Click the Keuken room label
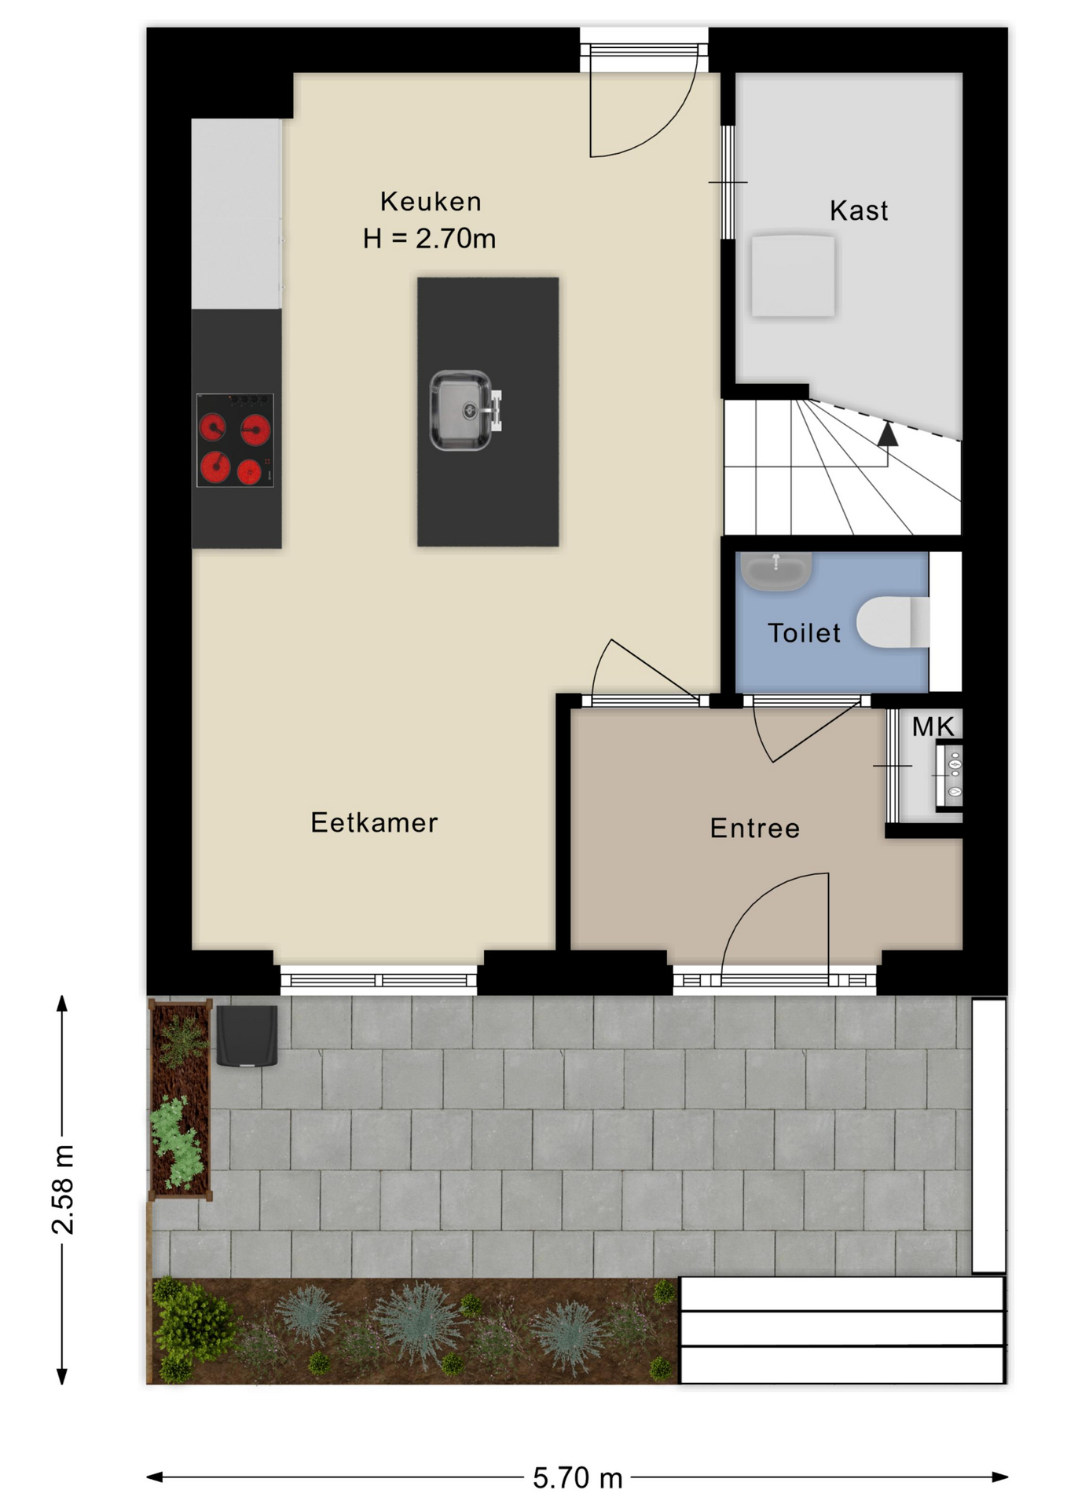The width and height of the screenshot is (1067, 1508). (x=431, y=202)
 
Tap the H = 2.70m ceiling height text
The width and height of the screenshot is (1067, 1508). (x=430, y=238)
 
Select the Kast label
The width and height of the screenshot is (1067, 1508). (x=859, y=210)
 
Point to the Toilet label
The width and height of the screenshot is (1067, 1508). (x=804, y=633)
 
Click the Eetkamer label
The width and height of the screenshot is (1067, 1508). (x=374, y=822)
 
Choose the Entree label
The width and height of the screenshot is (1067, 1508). (x=755, y=828)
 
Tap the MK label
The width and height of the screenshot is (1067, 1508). (x=933, y=727)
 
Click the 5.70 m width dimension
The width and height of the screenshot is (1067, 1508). (x=577, y=1478)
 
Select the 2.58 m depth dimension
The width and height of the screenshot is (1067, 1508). (x=63, y=1190)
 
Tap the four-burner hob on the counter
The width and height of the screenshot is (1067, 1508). (x=235, y=440)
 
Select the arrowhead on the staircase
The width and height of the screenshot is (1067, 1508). (x=887, y=434)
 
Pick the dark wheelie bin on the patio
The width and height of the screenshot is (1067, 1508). (x=247, y=1036)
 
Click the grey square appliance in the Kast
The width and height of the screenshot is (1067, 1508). (x=793, y=276)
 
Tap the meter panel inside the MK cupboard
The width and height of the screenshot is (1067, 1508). (x=949, y=776)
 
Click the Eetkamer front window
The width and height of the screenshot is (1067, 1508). (x=379, y=979)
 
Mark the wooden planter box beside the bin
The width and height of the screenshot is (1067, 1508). (x=181, y=1100)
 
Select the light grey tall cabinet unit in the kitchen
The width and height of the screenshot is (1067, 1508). (x=236, y=214)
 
